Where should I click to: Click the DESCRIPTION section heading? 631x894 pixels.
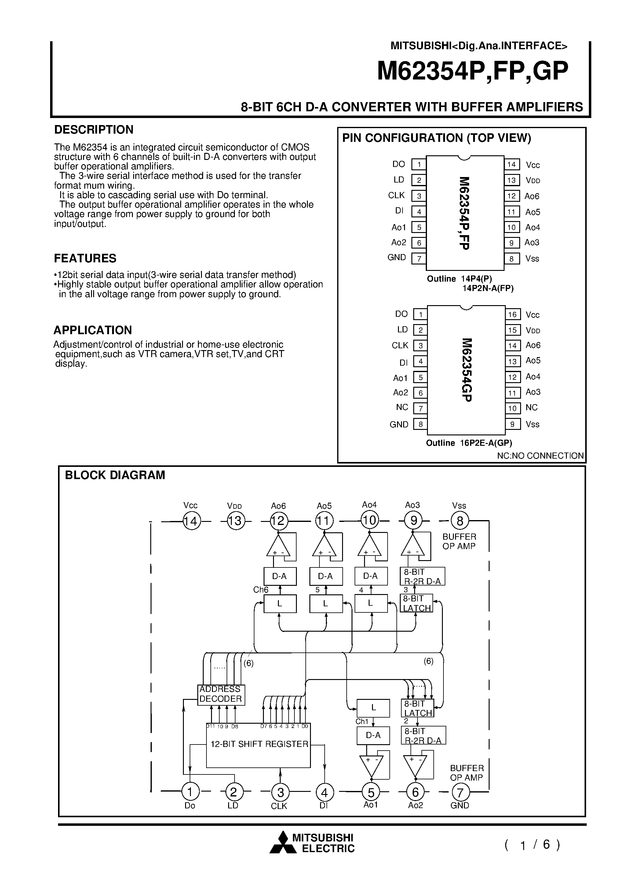93,130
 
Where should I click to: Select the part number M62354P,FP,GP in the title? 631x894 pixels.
472,71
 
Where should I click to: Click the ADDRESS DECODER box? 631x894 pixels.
221,694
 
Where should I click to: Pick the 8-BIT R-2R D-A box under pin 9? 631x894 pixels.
422,576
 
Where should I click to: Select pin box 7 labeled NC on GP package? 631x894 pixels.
420,408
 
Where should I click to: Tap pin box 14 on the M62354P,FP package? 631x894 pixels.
511,165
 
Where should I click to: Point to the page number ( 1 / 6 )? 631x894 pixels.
532,844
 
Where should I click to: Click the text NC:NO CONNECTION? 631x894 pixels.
540,456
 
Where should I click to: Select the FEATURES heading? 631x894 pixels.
85,258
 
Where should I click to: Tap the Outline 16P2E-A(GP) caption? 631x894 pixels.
469,443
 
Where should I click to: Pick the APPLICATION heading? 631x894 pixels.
93,330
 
